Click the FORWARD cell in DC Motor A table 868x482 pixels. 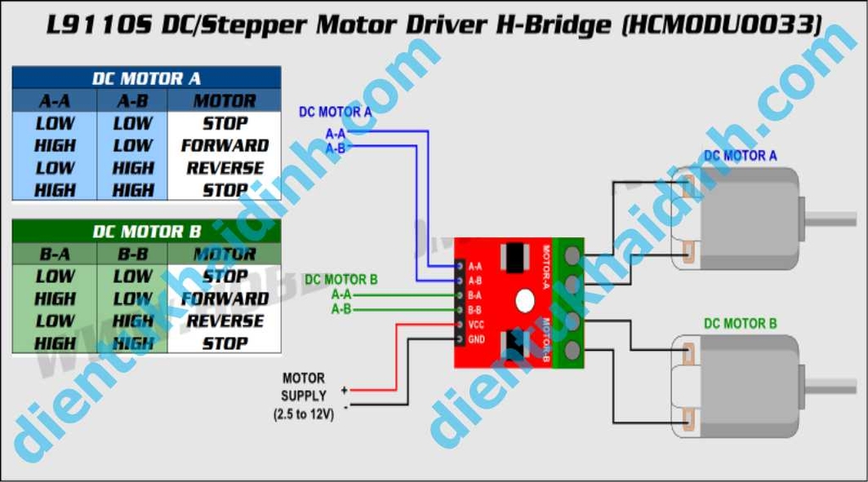[x=225, y=146]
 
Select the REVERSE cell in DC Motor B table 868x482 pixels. [x=225, y=321]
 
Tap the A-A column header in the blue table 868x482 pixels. [x=55, y=101]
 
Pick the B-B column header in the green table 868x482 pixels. [x=132, y=253]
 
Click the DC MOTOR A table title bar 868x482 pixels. [x=146, y=79]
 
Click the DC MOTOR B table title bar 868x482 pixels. [x=146, y=231]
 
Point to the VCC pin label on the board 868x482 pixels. [x=476, y=324]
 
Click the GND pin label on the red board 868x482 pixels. [x=476, y=340]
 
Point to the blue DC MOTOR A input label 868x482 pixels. [x=335, y=111]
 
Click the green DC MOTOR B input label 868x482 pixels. [x=341, y=280]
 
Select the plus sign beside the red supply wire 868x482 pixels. [x=344, y=391]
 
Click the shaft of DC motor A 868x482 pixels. [x=835, y=219]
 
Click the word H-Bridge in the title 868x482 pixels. [x=553, y=25]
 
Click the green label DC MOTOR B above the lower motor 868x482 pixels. [x=740, y=324]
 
